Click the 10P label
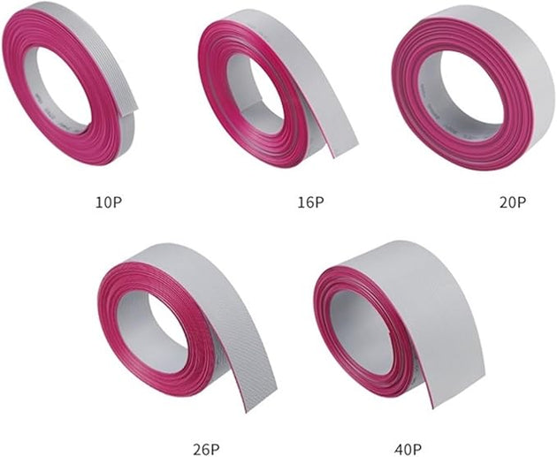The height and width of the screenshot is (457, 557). click(x=110, y=202)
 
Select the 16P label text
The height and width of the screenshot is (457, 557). click(x=310, y=202)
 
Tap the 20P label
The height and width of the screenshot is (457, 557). click(x=512, y=202)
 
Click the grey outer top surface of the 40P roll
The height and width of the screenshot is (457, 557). click(x=416, y=265)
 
